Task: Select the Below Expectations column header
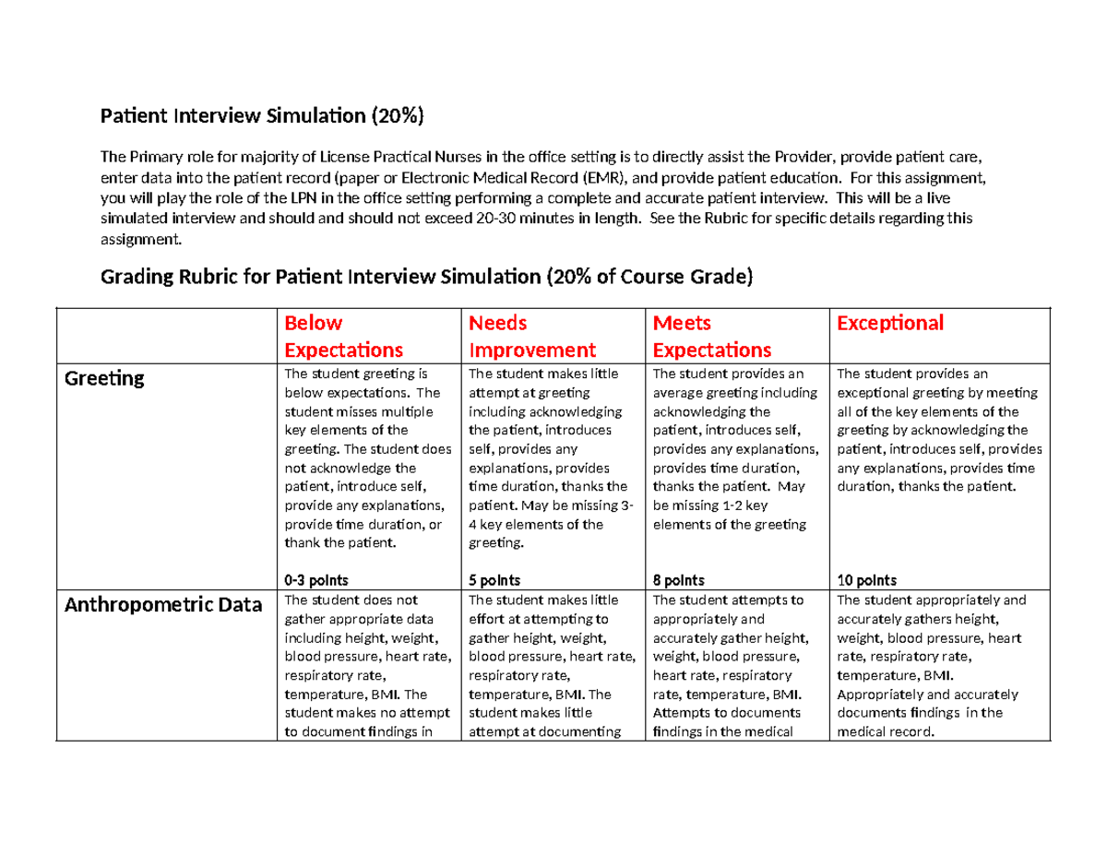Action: tap(343, 337)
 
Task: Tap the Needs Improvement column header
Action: tap(532, 337)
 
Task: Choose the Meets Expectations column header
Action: tap(711, 337)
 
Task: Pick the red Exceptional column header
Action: tap(889, 323)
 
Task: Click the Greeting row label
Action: tap(104, 378)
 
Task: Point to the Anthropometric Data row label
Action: tap(162, 605)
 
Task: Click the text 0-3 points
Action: tap(315, 580)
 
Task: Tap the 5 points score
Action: tap(494, 580)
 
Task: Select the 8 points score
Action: tap(678, 580)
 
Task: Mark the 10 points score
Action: tap(865, 580)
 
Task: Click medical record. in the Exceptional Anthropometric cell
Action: tap(886, 732)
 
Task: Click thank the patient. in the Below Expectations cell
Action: tap(339, 542)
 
